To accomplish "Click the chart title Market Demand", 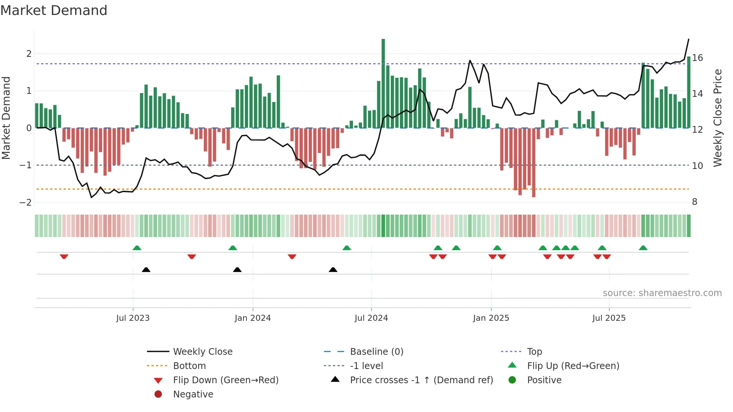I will click(54, 10).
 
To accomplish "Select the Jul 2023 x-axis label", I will click(133, 318).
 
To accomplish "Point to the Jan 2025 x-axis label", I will click(491, 318).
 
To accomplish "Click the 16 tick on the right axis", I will click(697, 58).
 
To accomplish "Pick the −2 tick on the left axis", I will click(25, 202).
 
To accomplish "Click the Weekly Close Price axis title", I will click(717, 118).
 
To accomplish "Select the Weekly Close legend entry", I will click(202, 352).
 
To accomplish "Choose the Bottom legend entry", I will click(189, 366).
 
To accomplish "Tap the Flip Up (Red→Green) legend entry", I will click(573, 366).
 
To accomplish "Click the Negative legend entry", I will click(193, 394).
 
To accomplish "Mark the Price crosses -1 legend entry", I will click(421, 380).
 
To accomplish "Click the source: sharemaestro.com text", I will click(662, 293).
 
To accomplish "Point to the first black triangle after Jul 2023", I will click(146, 270).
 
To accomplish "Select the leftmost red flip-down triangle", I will click(64, 256).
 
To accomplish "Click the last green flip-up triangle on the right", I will click(643, 248).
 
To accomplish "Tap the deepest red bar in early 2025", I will click(534, 163).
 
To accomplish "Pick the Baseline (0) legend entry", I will click(376, 352).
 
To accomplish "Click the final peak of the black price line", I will click(688, 39).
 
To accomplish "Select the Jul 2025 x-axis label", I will click(608, 318).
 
